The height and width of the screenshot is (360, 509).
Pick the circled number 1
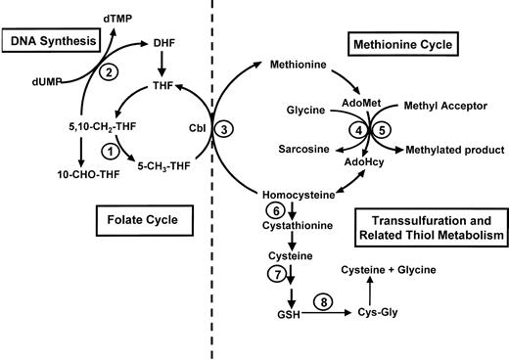point(110,152)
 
